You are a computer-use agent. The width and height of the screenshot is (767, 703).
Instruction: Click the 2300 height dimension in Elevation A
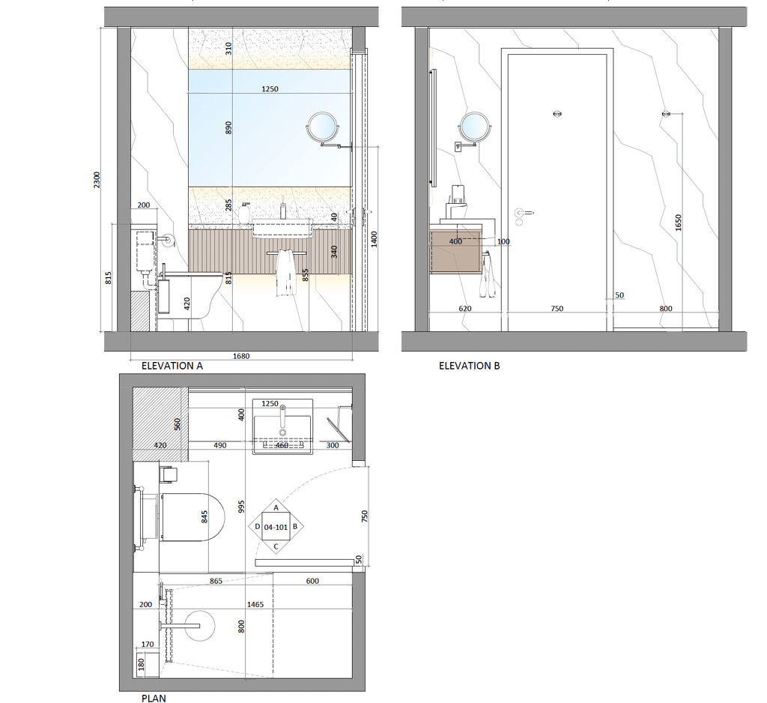click(x=97, y=180)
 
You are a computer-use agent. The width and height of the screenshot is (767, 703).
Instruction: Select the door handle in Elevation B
click(x=522, y=212)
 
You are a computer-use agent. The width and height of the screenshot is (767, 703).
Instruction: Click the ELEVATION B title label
click(x=469, y=366)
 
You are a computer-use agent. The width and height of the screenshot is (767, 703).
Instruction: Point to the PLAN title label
click(x=154, y=699)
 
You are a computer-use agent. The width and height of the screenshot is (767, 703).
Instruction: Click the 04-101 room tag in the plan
click(x=276, y=528)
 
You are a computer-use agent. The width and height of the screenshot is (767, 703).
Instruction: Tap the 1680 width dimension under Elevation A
click(x=241, y=357)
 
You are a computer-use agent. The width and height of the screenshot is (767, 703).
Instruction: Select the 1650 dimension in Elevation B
click(x=677, y=223)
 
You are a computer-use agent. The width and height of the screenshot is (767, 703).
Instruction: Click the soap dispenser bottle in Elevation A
click(x=244, y=213)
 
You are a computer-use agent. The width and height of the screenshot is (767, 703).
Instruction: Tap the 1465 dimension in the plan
click(x=255, y=605)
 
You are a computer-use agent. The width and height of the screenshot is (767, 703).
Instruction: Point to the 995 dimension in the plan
click(x=240, y=507)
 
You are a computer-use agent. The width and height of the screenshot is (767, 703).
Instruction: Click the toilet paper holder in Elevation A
click(x=167, y=240)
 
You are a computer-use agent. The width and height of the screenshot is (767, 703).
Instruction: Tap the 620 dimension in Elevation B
click(x=464, y=309)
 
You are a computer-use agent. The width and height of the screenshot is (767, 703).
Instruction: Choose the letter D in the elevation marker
click(x=258, y=527)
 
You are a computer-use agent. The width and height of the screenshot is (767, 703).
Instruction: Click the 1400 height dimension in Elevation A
click(x=375, y=239)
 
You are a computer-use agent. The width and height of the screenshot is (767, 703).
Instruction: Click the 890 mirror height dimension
click(x=228, y=128)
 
